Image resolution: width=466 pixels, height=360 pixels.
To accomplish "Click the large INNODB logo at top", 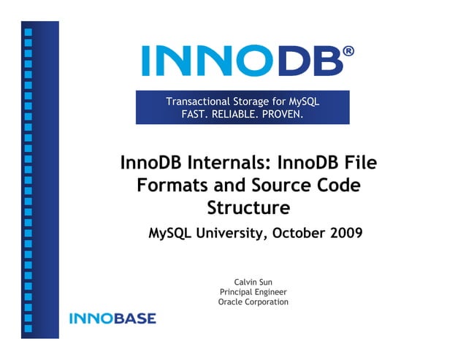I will click(242, 61).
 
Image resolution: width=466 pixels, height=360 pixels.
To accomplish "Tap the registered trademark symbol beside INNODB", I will click(349, 51).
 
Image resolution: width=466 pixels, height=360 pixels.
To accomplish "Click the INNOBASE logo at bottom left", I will click(112, 318).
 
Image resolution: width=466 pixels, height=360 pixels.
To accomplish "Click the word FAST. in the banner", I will click(195, 114).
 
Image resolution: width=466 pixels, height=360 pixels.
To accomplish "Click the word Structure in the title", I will click(248, 208).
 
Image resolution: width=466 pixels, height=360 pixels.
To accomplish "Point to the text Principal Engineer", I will click(253, 291).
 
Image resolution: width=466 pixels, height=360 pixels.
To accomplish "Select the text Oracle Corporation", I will click(253, 302).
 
